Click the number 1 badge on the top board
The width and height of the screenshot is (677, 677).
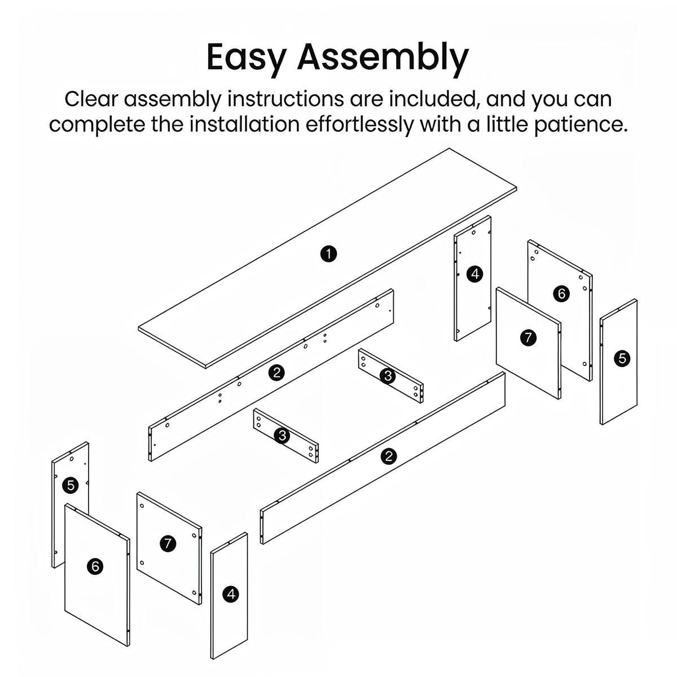point(328,253)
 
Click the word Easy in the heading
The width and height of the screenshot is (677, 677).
point(245,58)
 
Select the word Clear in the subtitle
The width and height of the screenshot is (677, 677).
point(91,99)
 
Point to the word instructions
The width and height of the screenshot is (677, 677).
point(285,99)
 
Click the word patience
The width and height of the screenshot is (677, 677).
point(581,125)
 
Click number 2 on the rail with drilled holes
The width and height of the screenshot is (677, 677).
point(276,372)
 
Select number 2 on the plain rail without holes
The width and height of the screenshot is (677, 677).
point(389,456)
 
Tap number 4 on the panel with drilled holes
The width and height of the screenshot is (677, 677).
point(475,274)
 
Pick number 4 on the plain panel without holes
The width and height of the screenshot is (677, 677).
point(231,594)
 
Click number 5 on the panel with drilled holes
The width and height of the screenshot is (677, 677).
point(71,486)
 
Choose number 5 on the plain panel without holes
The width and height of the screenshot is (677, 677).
point(622,359)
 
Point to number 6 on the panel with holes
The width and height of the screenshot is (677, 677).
point(561,293)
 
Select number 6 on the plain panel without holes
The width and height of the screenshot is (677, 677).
point(95,566)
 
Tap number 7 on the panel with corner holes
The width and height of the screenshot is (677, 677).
point(168,544)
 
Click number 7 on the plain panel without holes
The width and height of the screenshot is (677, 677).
point(528,338)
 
